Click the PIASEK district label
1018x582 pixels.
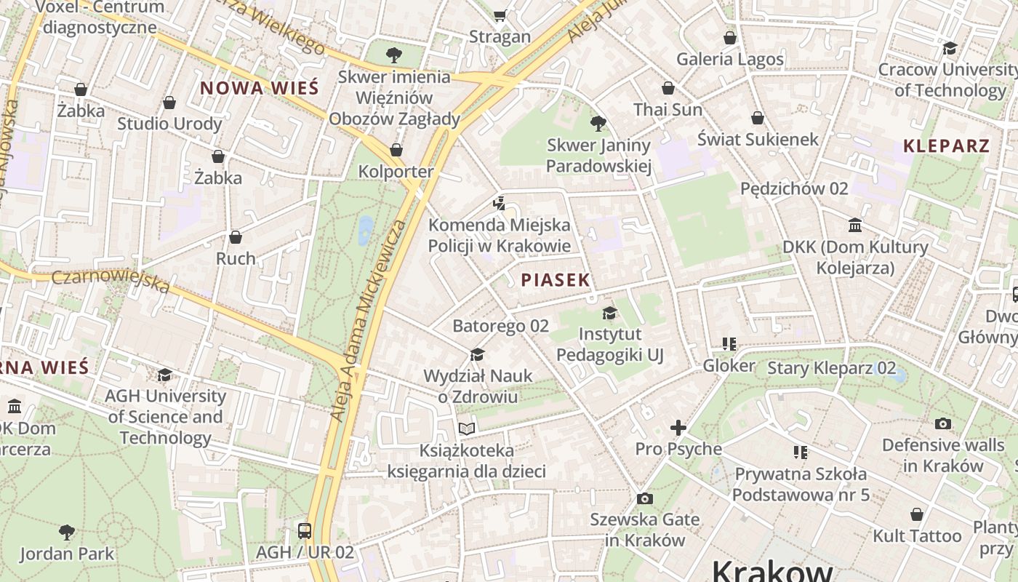tap(556, 280)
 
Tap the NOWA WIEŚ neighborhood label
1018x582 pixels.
tap(260, 89)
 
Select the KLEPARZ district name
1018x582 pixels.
tap(946, 145)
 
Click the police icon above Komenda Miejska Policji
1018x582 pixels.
tap(499, 204)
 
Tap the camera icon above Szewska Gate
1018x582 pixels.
tap(644, 498)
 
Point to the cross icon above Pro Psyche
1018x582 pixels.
tap(678, 428)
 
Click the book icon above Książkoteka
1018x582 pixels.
tap(466, 428)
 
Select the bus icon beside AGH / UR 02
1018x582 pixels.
tap(305, 530)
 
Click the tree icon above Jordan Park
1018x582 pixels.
tap(67, 532)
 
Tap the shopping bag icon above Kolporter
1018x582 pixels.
tap(396, 150)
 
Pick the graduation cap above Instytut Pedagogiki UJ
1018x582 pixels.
tap(609, 313)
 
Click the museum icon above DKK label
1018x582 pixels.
tap(855, 226)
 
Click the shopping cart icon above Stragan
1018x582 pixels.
tap(500, 15)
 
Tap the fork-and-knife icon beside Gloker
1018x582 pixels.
tap(729, 344)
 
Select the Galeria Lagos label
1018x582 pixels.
tap(730, 59)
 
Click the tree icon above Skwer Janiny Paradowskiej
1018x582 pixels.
tap(598, 124)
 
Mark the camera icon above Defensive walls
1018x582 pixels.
tap(943, 423)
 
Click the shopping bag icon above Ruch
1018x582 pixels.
tap(236, 237)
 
